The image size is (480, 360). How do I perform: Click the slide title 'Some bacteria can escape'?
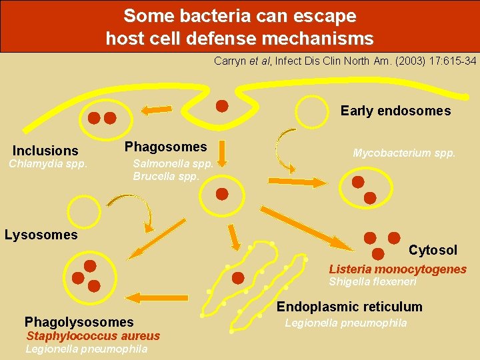pos(239,15)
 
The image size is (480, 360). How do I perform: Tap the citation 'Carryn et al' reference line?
pos(345,61)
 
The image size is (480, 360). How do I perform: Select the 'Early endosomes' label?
pos(395,111)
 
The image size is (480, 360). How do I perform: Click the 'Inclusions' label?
pos(45,151)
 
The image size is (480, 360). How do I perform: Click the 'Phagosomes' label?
pos(166,147)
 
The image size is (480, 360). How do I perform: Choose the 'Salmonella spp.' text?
pos(173,164)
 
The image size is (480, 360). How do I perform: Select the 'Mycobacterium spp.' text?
pos(404,153)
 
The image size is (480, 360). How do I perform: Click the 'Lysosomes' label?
pos(41,235)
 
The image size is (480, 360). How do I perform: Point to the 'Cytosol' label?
pos(433,250)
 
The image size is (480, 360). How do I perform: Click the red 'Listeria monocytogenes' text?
pos(397,269)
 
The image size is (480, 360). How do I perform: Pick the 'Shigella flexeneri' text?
pos(373,282)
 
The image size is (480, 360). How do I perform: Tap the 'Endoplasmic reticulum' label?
pos(349,307)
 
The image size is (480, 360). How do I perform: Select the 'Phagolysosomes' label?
pos(79,322)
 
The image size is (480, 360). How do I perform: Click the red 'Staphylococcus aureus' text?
pos(93,336)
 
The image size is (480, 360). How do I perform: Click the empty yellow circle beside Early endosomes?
pos(313,111)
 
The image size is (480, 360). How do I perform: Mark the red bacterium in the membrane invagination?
pos(223,105)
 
